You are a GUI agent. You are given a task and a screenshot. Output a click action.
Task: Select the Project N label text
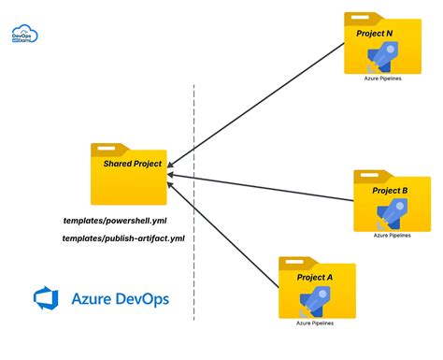[x=375, y=33]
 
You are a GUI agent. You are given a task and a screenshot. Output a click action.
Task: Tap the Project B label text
[x=390, y=191]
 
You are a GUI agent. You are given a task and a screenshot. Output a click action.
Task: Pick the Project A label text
[x=315, y=278]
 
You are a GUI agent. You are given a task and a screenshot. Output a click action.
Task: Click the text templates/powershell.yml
[x=113, y=221]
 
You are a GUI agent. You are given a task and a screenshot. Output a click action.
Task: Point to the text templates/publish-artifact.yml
[x=123, y=239]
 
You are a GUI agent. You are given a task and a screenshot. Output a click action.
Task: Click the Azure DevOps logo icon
[x=46, y=298]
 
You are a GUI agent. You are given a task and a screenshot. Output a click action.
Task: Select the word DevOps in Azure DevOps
[x=146, y=299]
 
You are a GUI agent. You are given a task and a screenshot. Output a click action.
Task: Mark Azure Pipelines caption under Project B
[x=392, y=236]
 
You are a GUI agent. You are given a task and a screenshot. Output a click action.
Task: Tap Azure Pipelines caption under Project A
[x=316, y=324]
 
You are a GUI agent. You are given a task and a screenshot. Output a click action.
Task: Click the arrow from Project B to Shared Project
[x=262, y=188]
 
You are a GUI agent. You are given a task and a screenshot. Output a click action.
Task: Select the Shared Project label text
[x=133, y=164]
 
